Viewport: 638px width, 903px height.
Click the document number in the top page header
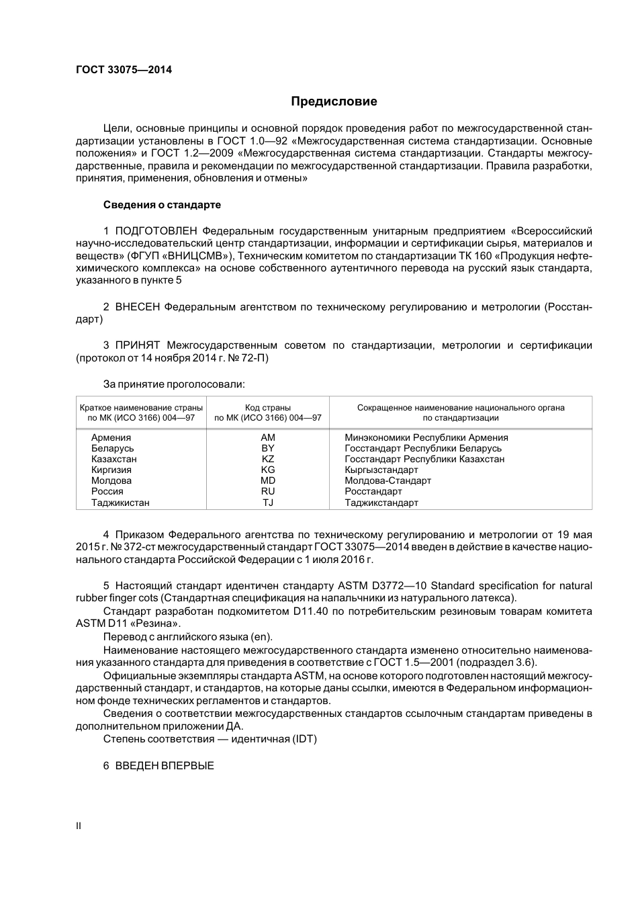click(x=124, y=69)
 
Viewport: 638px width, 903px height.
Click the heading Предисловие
click(x=334, y=101)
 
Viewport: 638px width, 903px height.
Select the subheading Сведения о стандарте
click(x=162, y=204)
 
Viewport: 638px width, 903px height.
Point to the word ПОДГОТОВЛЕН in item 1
click(x=156, y=230)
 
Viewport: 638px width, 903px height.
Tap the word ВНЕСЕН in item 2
click(x=138, y=307)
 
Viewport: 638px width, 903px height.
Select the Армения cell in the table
click(x=111, y=437)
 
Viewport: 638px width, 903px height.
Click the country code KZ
click(x=268, y=459)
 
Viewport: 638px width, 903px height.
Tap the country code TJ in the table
click(x=268, y=503)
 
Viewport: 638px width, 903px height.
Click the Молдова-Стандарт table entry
click(x=388, y=480)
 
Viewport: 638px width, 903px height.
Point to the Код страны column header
click(x=268, y=407)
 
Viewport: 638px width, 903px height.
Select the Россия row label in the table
click(x=107, y=491)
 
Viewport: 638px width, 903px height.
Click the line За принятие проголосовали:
click(x=174, y=384)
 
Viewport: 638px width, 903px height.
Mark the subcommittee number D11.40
click(x=312, y=611)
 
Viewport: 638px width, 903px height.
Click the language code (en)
click(x=261, y=637)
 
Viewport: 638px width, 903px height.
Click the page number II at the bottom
click(x=79, y=826)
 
